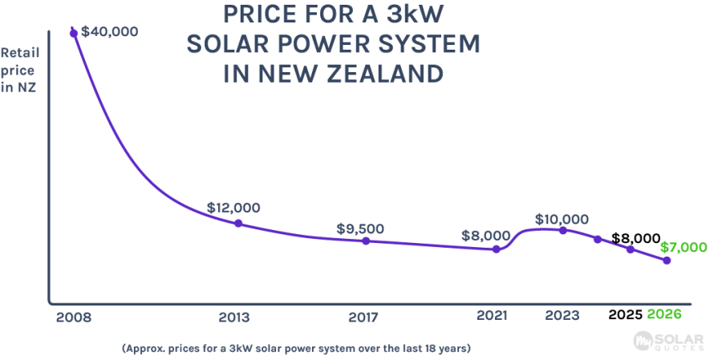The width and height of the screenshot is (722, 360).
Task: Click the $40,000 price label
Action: [111, 32]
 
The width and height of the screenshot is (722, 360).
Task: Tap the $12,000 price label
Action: [234, 206]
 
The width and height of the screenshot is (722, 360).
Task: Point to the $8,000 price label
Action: [485, 236]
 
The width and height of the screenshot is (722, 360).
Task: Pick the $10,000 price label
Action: [562, 219]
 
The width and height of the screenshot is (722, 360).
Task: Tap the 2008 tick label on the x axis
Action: [74, 317]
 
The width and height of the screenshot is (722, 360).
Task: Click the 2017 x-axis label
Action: [365, 317]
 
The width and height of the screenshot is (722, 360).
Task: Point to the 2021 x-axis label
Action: [490, 317]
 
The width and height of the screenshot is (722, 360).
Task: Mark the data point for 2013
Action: [238, 223]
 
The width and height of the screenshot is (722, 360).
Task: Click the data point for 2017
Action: [366, 241]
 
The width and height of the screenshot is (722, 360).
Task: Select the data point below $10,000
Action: [563, 230]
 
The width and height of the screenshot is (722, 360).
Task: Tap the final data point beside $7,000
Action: [667, 261]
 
